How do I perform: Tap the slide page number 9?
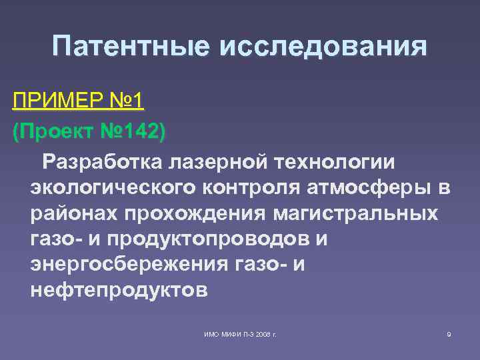click(x=449, y=333)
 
